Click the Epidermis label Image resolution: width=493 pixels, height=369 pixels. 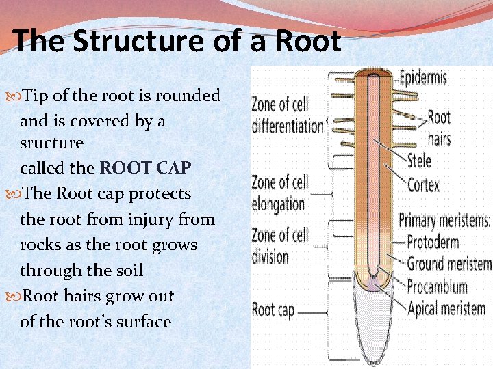click(422, 77)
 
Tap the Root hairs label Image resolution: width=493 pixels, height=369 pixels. click(439, 128)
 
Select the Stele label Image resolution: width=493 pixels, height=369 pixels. click(419, 161)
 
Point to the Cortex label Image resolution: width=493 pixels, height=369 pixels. click(423, 184)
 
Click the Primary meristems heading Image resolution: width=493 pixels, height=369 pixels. click(444, 220)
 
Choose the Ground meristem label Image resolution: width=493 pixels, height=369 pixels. click(449, 264)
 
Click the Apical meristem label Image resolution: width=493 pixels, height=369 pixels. click(446, 309)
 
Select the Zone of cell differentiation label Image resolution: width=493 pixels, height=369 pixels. click(287, 115)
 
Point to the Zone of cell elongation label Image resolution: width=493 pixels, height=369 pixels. click(279, 193)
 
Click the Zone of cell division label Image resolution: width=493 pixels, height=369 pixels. click(279, 247)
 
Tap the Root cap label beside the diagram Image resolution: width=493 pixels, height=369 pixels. click(273, 310)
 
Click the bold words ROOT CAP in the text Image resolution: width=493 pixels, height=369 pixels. click(145, 168)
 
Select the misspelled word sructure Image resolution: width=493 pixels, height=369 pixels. click(51, 143)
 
